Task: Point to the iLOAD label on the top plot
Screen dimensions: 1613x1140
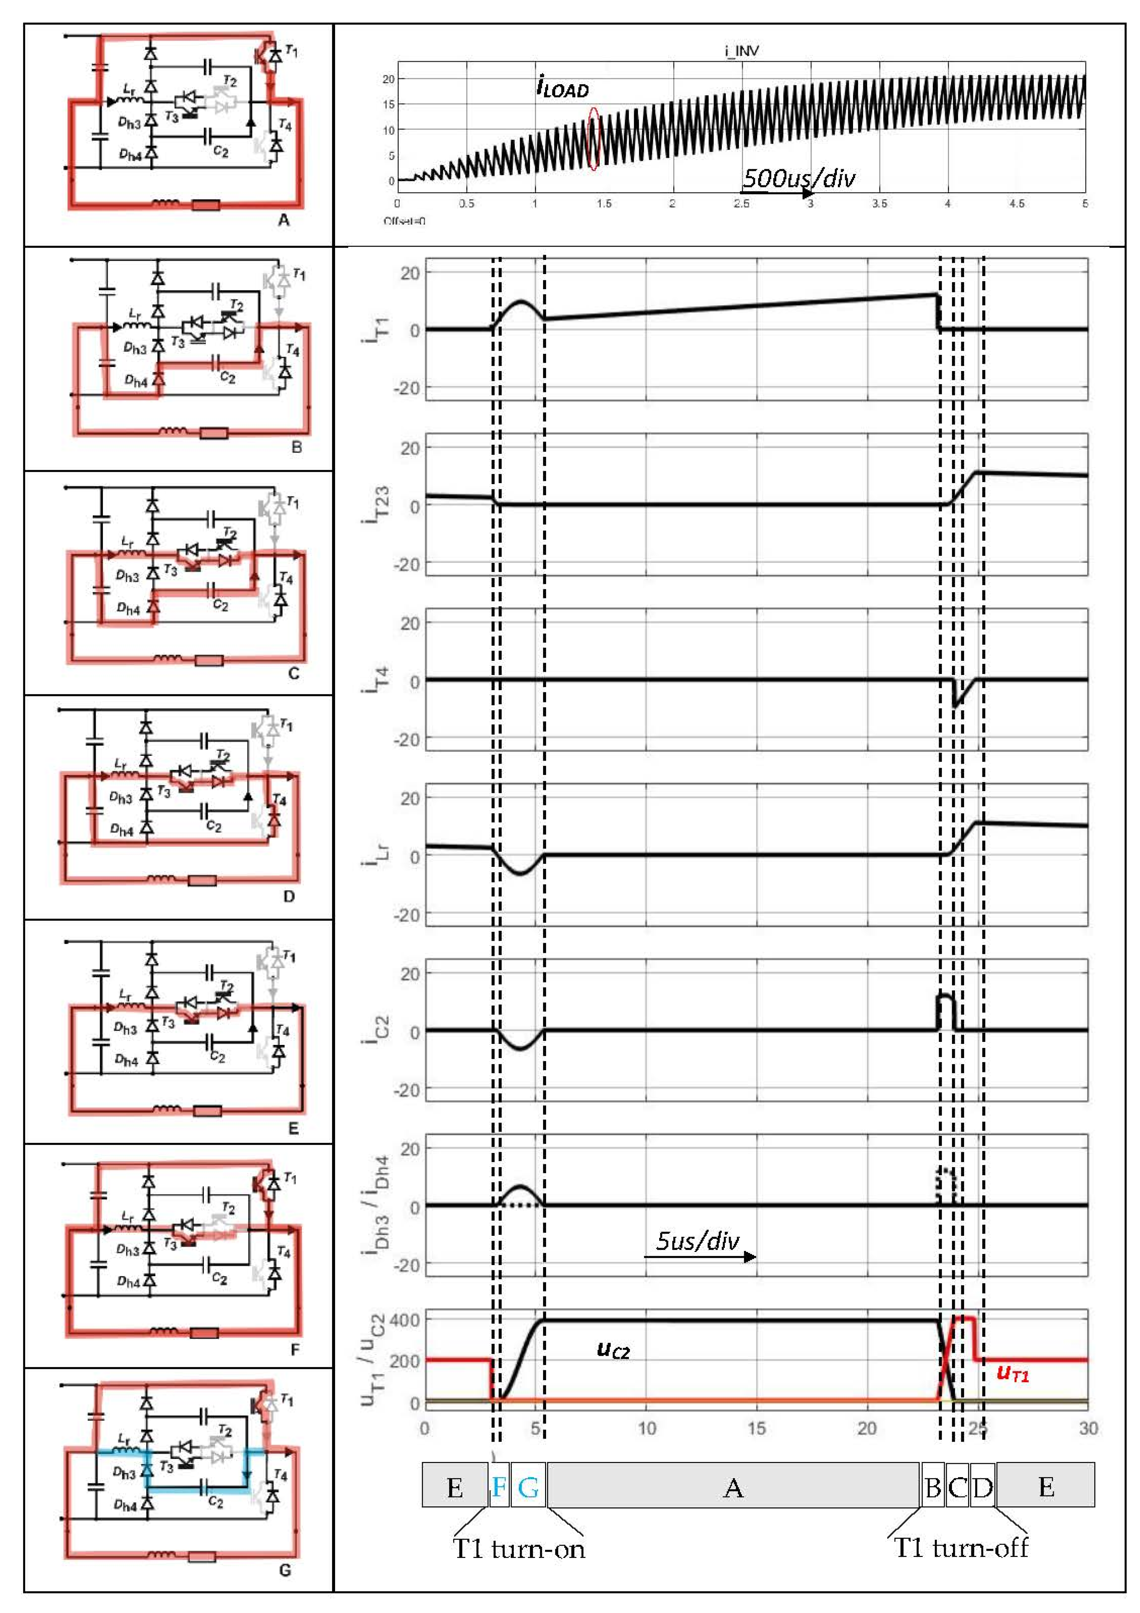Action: [x=562, y=88]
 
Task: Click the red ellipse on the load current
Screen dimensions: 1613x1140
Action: [x=594, y=138]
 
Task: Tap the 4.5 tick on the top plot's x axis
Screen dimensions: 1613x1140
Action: [x=1016, y=204]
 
